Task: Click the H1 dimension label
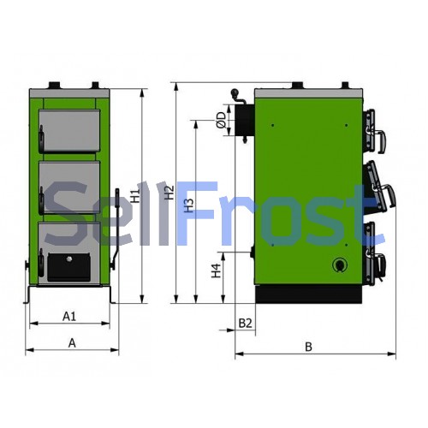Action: pyautogui.click(x=136, y=196)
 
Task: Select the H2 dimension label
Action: pyautogui.click(x=169, y=193)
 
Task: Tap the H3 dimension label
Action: pyautogui.click(x=188, y=205)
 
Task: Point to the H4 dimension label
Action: pyautogui.click(x=216, y=270)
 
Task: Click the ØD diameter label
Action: pyautogui.click(x=222, y=120)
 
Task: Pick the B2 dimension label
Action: pyautogui.click(x=245, y=324)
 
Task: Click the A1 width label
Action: pyautogui.click(x=69, y=316)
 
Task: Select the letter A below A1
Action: pyautogui.click(x=72, y=343)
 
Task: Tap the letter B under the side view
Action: pyautogui.click(x=308, y=347)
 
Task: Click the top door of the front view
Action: pyautogui.click(x=69, y=130)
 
